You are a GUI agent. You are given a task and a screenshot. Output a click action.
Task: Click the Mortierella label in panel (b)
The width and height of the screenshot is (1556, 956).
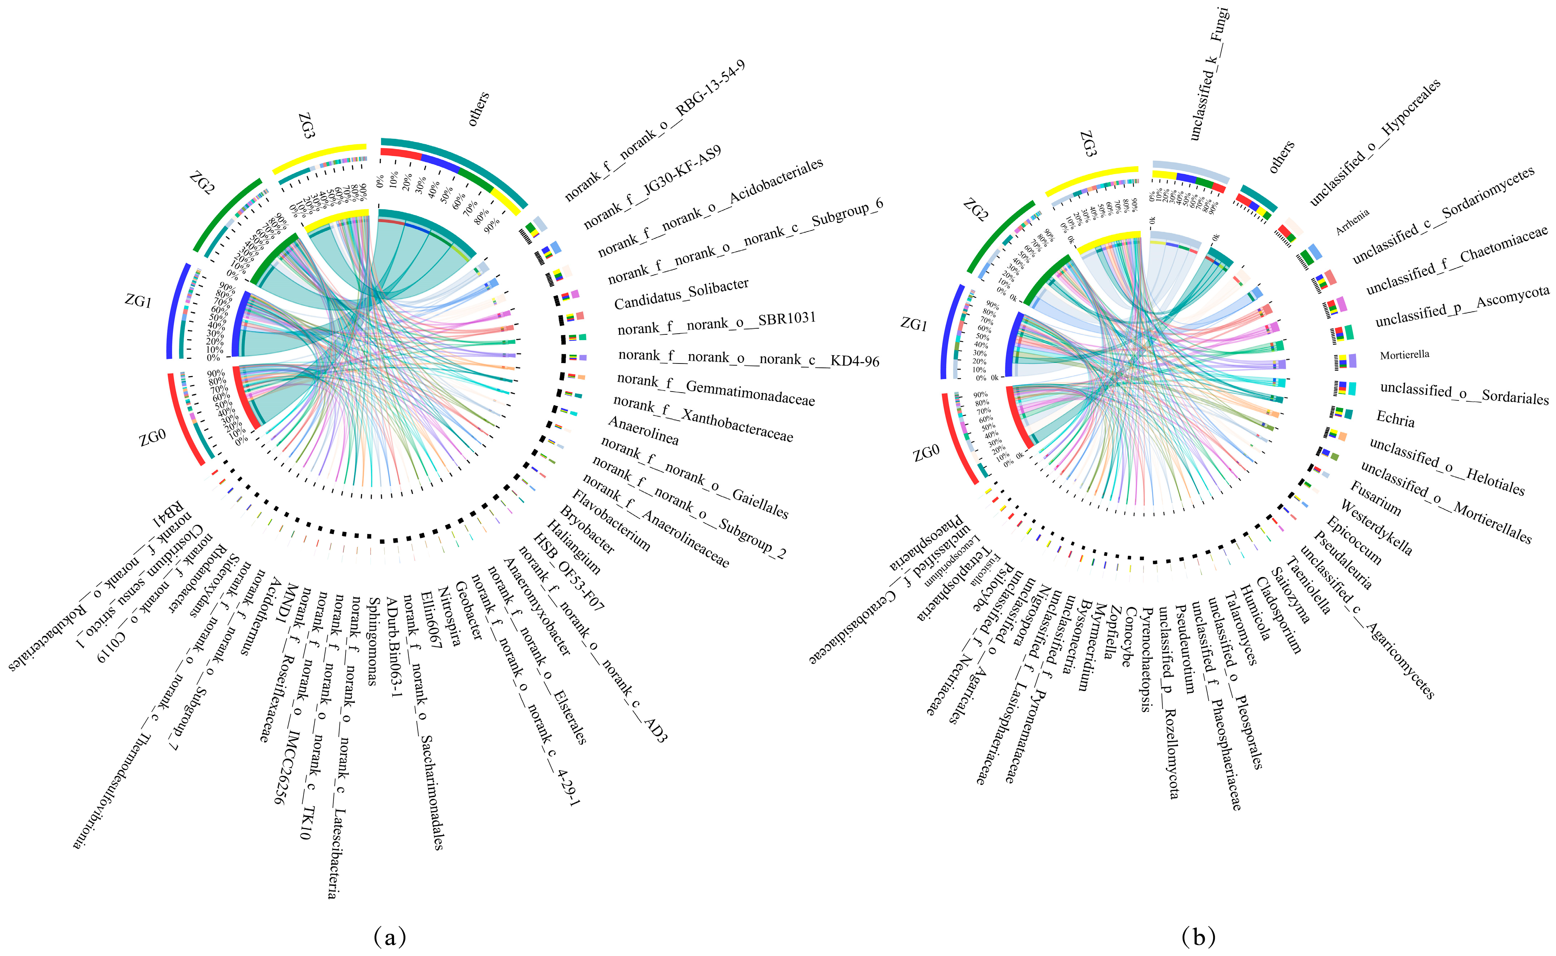(1404, 355)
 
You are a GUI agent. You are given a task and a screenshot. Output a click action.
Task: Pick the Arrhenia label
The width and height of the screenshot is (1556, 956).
(1353, 222)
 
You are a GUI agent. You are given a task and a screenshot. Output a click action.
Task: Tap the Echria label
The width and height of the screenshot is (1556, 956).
(1395, 418)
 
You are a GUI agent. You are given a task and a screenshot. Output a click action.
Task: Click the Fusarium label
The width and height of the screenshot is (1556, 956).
(1375, 498)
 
